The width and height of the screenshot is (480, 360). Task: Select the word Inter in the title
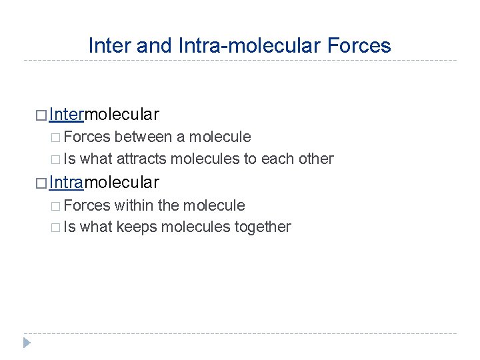pos(110,45)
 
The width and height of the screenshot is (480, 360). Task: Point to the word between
pos(143,137)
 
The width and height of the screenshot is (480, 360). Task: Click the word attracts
pos(142,159)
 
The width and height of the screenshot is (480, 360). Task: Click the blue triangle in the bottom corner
pos(27,343)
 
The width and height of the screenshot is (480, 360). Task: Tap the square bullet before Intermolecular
pos(42,115)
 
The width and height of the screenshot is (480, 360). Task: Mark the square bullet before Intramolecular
pos(42,182)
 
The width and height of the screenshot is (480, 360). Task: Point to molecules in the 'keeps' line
pos(198,227)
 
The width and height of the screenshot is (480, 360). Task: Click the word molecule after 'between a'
pos(220,137)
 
